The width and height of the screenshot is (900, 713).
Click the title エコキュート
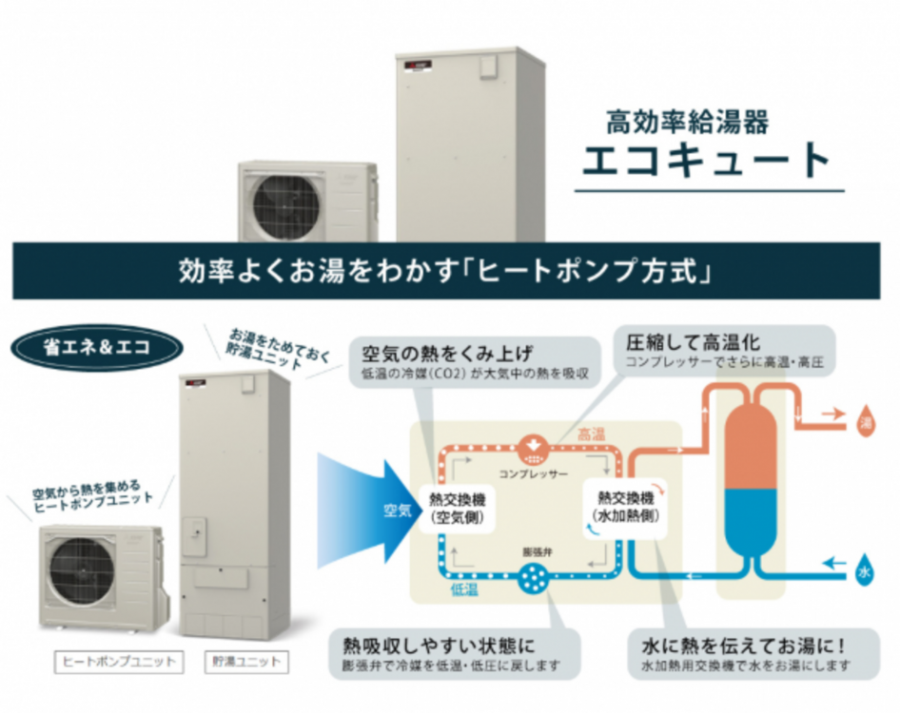(x=709, y=160)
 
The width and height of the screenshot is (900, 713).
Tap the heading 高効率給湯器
(x=687, y=122)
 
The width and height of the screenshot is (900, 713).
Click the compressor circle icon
(x=532, y=446)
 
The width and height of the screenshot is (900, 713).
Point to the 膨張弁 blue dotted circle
(x=533, y=577)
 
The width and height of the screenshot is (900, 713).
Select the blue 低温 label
(x=464, y=590)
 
